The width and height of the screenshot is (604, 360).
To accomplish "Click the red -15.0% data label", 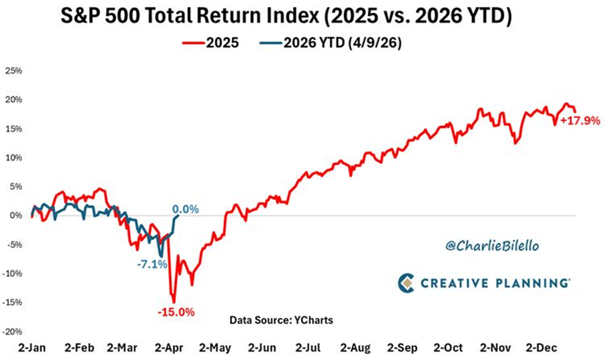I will (x=176, y=312).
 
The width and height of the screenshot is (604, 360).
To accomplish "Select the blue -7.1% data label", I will (x=151, y=264).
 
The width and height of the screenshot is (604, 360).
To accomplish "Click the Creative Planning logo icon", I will (x=405, y=282).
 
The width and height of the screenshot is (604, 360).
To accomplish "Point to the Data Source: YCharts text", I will (x=282, y=320).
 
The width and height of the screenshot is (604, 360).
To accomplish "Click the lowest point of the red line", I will (x=174, y=302).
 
